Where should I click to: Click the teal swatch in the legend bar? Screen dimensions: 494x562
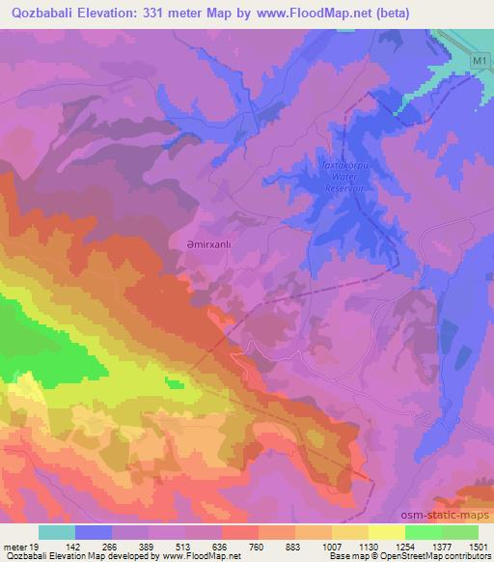coord(57,532)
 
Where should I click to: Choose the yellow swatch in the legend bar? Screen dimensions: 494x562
coord(386,532)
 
